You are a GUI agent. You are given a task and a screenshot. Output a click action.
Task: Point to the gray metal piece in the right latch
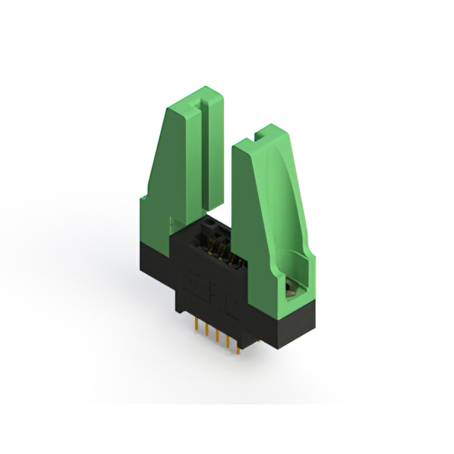(x=290, y=288)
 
